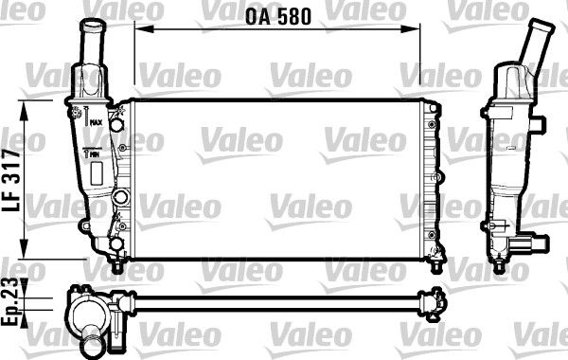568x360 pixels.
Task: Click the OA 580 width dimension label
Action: click(x=279, y=15)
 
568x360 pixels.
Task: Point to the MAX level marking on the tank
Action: click(x=97, y=122)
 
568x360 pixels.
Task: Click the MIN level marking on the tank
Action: click(x=95, y=153)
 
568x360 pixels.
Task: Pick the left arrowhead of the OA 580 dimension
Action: click(x=139, y=29)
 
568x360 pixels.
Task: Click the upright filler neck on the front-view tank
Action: click(x=95, y=42)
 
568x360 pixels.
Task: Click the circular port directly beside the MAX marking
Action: click(x=116, y=122)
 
